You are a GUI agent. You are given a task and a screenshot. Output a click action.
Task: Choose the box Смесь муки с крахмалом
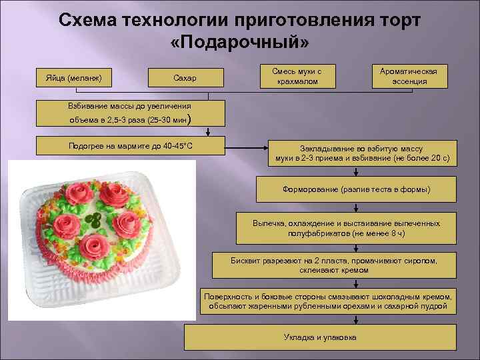tap(295, 77)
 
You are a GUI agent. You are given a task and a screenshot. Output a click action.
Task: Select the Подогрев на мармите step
tap(130, 146)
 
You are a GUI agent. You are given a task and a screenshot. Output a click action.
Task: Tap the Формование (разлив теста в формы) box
tap(357, 189)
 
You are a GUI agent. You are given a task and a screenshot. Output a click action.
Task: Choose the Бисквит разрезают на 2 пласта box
tap(333, 265)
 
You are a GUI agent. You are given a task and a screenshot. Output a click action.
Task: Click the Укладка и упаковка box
tap(320, 337)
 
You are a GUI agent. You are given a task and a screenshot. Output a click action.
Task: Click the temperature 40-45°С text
tap(176, 146)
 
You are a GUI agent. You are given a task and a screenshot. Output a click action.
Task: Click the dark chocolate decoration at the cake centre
tap(95, 220)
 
